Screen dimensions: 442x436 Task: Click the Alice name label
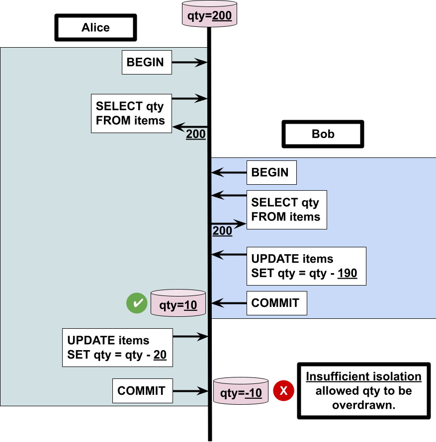95,27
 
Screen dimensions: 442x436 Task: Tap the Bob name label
323,134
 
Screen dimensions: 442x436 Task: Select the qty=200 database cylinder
209,15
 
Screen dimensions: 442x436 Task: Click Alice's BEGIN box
147,62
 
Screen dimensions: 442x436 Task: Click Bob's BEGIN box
271,172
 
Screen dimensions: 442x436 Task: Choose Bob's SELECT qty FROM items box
286,210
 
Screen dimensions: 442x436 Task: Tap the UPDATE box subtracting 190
306,266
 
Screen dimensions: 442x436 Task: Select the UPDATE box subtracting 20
117,348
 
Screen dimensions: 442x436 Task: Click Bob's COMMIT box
276,303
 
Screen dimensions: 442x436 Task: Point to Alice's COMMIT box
142,390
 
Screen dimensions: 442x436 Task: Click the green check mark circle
136,303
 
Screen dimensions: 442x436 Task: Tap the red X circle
283,391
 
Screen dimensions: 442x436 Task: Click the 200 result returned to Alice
195,134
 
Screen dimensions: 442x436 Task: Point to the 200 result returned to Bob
222,231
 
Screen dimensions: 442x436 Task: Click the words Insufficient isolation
363,376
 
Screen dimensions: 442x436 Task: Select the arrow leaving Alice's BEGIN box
189,62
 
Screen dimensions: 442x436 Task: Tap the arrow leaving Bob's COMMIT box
229,303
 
